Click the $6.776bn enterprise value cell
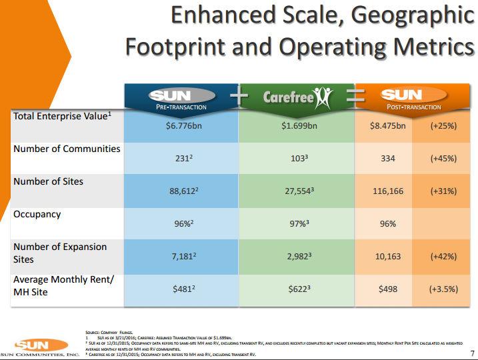[x=181, y=126]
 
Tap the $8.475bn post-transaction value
[x=387, y=126]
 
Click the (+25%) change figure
[x=443, y=126]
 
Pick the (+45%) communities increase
[x=443, y=159]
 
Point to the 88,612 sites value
[x=181, y=191]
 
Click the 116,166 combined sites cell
[x=387, y=191]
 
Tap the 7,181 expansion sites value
[x=181, y=257]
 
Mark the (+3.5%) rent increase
[x=443, y=290]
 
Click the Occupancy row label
[x=37, y=215]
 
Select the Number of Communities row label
[x=67, y=149]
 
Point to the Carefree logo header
[x=297, y=98]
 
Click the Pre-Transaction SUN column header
[x=181, y=98]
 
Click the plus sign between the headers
[x=238, y=97]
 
